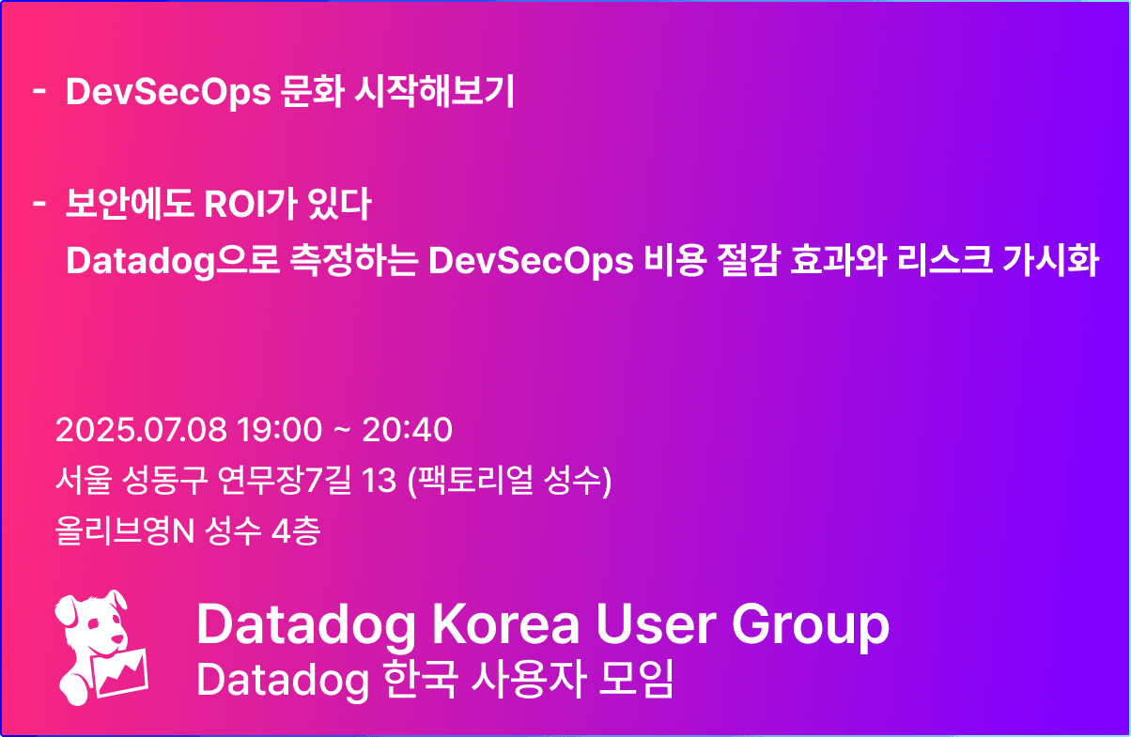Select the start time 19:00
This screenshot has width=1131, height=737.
click(279, 430)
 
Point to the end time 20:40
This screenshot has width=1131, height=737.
click(407, 430)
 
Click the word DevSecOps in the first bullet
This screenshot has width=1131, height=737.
click(168, 92)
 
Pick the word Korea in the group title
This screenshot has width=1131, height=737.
click(505, 623)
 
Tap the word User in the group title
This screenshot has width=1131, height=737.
click(656, 623)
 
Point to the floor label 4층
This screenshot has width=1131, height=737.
click(296, 530)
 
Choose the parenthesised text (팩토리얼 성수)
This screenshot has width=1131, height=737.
click(509, 480)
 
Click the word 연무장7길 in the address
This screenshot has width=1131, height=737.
click(285, 480)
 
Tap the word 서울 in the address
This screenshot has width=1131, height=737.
click(83, 480)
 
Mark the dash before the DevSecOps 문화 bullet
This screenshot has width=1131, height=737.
click(39, 92)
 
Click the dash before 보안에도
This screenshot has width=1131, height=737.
click(39, 204)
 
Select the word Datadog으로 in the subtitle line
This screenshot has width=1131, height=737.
click(173, 261)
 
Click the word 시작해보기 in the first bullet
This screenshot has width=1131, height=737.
click(434, 91)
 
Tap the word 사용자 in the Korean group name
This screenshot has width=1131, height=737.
click(529, 680)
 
